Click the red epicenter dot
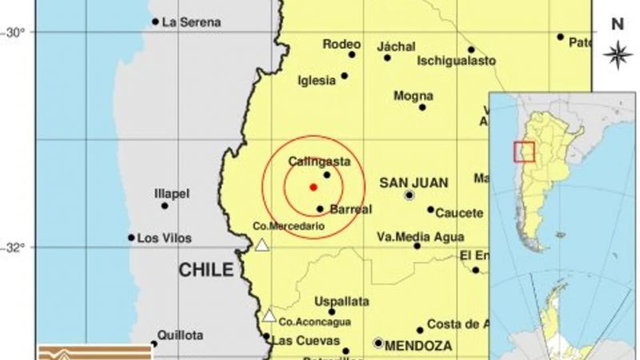tap(313, 187)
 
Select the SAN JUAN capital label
tap(414, 182)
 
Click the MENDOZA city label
tap(419, 346)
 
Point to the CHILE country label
tap(206, 270)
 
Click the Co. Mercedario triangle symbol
tap(262, 247)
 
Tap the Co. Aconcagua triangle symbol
tap(270, 315)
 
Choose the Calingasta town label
tap(319, 162)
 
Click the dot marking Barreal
tap(320, 209)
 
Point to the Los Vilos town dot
tap(131, 237)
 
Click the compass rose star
tap(617, 54)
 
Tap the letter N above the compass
tap(617, 24)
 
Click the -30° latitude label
tap(14, 32)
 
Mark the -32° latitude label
tap(14, 247)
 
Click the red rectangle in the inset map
tap(524, 151)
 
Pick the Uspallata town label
tap(342, 301)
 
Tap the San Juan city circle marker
tap(410, 194)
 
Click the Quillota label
tap(180, 335)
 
